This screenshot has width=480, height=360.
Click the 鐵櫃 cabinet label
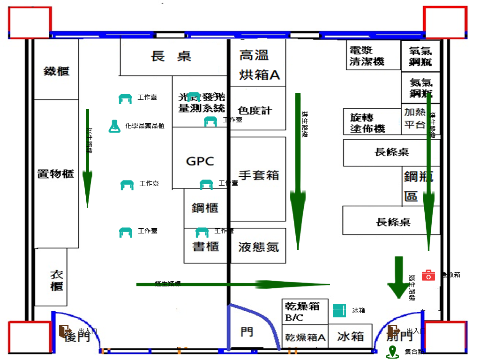tap(56, 71)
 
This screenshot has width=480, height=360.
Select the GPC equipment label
tap(200, 161)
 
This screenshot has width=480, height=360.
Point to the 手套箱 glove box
tap(258, 175)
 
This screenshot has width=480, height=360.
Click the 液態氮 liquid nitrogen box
tap(258, 247)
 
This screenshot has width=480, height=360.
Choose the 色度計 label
tap(255, 111)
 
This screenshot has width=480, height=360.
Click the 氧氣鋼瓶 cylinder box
tap(420, 56)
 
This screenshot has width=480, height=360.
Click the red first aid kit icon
tap(428, 275)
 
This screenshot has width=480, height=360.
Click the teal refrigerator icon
tap(339, 310)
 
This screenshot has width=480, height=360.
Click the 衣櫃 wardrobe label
tap(56, 280)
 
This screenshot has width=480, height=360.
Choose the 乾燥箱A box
tap(305, 337)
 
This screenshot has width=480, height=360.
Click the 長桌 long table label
tap(171, 57)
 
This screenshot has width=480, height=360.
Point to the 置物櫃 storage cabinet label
tap(56, 173)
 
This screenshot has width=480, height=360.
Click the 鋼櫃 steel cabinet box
tap(205, 208)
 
